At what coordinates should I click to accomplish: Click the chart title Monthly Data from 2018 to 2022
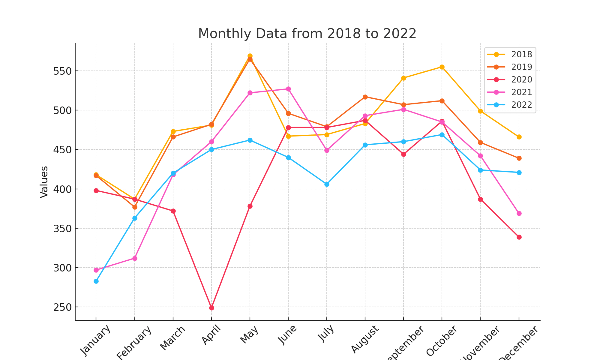tap(307, 34)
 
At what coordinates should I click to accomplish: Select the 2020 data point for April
tap(211, 308)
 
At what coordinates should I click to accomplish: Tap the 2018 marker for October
tap(442, 67)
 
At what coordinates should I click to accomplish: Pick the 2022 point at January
tap(96, 281)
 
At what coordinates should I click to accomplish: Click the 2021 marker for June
tap(288, 89)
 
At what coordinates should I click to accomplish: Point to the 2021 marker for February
tap(135, 258)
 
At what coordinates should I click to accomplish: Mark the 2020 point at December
tap(519, 237)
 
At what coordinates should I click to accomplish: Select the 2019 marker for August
tap(365, 97)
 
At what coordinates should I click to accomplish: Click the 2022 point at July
tap(327, 184)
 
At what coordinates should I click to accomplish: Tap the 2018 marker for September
tap(403, 78)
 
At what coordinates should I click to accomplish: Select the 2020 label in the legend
tap(521, 80)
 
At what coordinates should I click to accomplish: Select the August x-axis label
tap(365, 339)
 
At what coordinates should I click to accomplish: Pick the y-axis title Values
tap(44, 182)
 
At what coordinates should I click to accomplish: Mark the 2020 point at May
tap(250, 206)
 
